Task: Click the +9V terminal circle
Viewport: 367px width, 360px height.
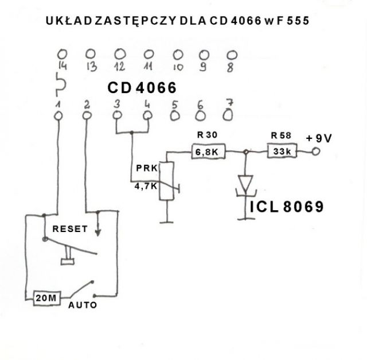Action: click(x=316, y=152)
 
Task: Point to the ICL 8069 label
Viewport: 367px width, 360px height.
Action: click(x=287, y=207)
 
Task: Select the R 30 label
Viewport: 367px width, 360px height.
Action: click(x=207, y=135)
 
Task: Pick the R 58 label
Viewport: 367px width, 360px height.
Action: click(x=281, y=136)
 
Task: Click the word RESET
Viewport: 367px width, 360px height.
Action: click(x=70, y=229)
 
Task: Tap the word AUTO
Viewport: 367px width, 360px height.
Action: click(x=83, y=305)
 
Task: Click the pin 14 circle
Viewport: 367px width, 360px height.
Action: click(x=62, y=54)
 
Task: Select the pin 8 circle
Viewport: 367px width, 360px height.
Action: click(x=232, y=55)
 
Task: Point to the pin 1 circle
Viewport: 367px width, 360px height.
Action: click(x=58, y=116)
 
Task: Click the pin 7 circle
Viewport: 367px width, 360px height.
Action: click(x=228, y=115)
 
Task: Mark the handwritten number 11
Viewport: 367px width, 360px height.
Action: click(x=148, y=66)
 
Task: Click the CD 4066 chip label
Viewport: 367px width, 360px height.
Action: click(x=142, y=88)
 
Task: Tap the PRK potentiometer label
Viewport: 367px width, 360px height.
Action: click(x=147, y=168)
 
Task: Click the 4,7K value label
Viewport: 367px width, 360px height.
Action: click(x=146, y=187)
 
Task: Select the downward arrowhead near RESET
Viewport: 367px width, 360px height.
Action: click(x=98, y=233)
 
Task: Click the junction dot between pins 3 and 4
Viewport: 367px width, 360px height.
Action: click(x=131, y=133)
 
